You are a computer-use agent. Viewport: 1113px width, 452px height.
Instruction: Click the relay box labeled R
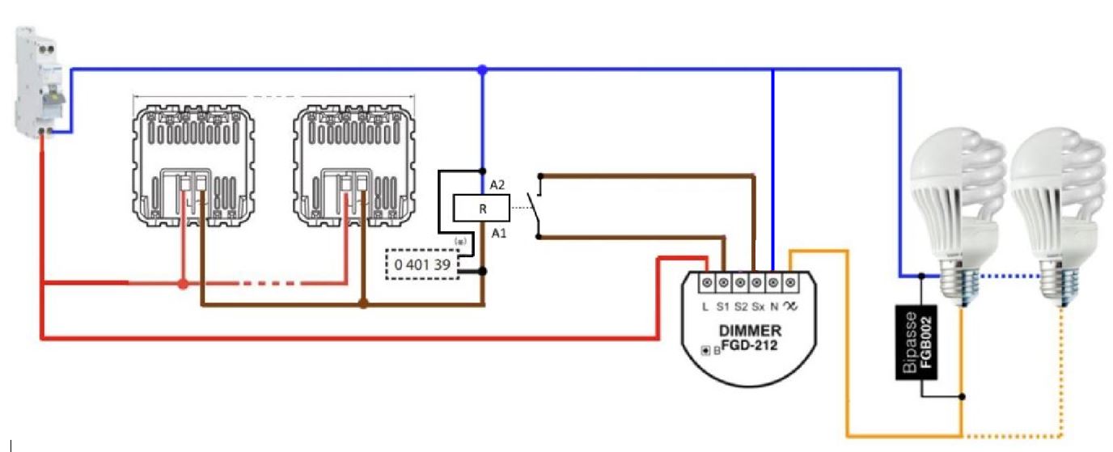481,209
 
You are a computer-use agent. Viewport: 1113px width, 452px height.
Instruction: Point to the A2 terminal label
497,185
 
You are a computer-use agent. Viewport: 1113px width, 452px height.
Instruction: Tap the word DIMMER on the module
750,331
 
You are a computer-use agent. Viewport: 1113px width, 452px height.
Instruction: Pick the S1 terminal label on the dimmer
722,306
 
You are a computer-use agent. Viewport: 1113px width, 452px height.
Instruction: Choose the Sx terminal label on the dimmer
758,306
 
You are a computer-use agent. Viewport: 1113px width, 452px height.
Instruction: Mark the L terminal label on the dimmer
705,306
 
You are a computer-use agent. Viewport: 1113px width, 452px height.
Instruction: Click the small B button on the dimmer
707,350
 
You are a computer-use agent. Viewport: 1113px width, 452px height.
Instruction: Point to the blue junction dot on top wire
483,70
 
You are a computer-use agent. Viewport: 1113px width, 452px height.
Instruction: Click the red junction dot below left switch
184,284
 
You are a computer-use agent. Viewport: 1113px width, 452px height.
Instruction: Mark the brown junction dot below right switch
363,305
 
